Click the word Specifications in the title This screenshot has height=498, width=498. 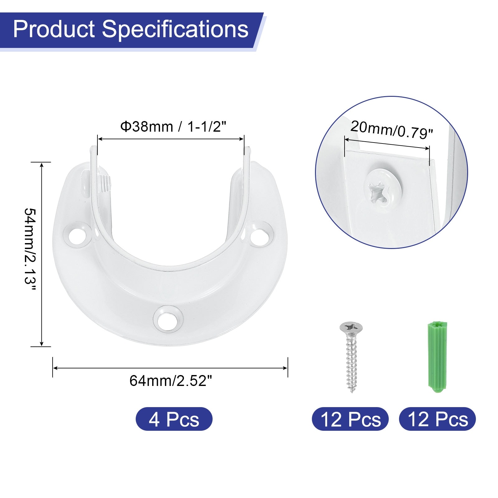175,30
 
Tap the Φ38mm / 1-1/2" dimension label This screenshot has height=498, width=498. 173,127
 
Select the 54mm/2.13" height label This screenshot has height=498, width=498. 31,249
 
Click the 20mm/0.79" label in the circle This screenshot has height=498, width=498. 392,129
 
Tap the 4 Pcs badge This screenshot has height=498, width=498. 174,419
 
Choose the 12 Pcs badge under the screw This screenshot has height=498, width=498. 350,419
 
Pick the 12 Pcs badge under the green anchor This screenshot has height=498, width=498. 437,419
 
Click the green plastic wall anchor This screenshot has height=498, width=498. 436,356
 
